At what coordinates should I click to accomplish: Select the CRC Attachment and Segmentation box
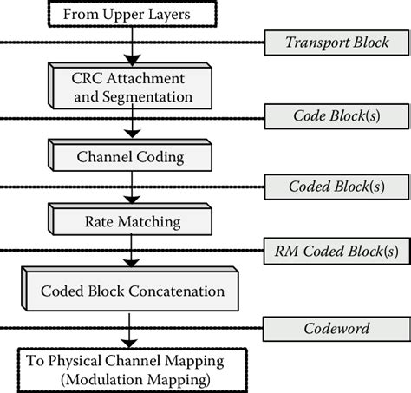[x=130, y=85]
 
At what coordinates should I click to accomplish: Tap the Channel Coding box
[x=130, y=158]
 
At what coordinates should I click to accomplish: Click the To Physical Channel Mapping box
[x=130, y=369]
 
